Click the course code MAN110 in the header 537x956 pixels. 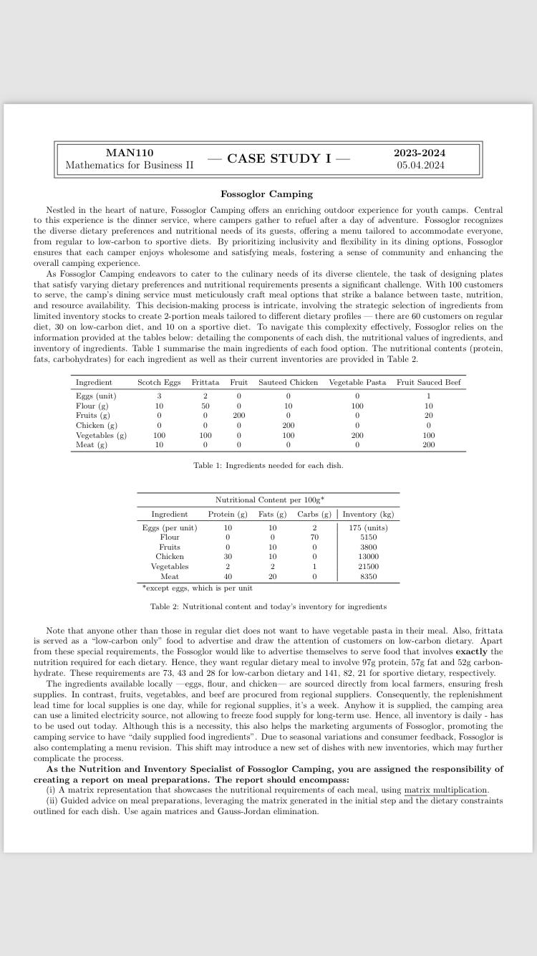pos(129,153)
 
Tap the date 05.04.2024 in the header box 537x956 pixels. pos(420,166)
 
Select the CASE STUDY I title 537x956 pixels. pos(279,159)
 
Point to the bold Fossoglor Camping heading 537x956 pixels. pos(266,194)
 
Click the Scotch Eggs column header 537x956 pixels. pos(159,383)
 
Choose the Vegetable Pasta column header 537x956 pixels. pos(357,383)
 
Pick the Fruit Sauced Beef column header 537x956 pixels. pos(428,383)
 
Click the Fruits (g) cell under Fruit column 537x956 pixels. pos(238,416)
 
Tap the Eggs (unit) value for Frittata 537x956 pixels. pos(205,396)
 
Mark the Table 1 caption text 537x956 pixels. pos(268,466)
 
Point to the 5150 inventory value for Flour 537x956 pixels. pos(368,537)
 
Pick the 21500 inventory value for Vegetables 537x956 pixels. pos(368,567)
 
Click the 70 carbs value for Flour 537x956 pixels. pos(314,537)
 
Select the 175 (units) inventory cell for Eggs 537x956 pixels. pos(368,527)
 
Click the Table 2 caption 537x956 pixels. pos(268,607)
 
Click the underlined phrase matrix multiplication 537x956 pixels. pos(445,790)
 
